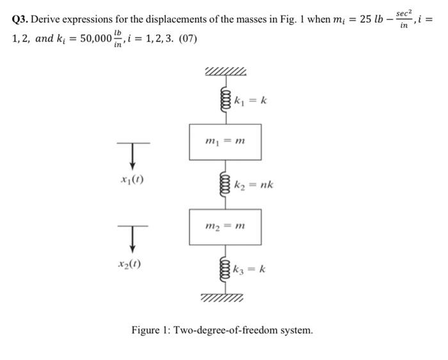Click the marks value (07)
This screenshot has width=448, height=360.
[x=186, y=40]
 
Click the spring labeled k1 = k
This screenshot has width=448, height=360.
[x=225, y=101]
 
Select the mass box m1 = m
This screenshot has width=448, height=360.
[x=225, y=142]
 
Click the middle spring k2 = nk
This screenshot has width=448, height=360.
[x=225, y=184]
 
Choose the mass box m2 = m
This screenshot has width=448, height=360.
[x=225, y=226]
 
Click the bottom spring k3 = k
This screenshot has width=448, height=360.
[x=225, y=270]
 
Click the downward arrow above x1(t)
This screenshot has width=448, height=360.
[x=132, y=156]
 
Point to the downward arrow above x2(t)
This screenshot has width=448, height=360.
[x=132, y=239]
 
